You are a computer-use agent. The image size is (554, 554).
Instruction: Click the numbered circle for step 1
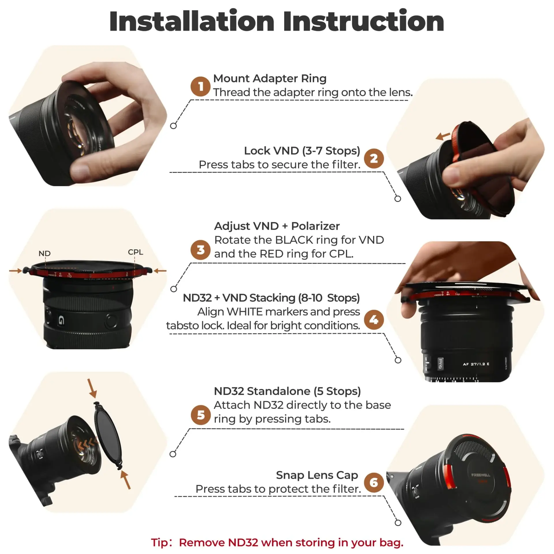pyautogui.click(x=200, y=87)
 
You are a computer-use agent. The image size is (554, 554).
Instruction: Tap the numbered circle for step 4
pyautogui.click(x=374, y=320)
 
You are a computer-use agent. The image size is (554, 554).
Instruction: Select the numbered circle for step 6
pyautogui.click(x=374, y=482)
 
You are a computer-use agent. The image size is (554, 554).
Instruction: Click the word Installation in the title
pyautogui.click(x=192, y=22)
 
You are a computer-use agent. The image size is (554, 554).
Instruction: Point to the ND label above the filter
pyautogui.click(x=44, y=253)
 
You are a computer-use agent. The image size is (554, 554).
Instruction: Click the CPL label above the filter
pyautogui.click(x=135, y=252)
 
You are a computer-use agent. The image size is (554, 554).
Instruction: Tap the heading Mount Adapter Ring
pyautogui.click(x=269, y=78)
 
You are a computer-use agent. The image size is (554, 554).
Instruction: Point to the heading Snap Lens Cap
pyautogui.click(x=317, y=475)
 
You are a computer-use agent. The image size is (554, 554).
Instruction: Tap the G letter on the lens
pyautogui.click(x=61, y=320)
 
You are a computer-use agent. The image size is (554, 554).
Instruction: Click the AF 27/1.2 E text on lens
pyautogui.click(x=476, y=364)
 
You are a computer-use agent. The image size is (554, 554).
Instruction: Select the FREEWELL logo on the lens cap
pyautogui.click(x=480, y=475)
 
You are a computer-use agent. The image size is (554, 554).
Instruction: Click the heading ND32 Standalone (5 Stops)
pyautogui.click(x=287, y=391)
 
